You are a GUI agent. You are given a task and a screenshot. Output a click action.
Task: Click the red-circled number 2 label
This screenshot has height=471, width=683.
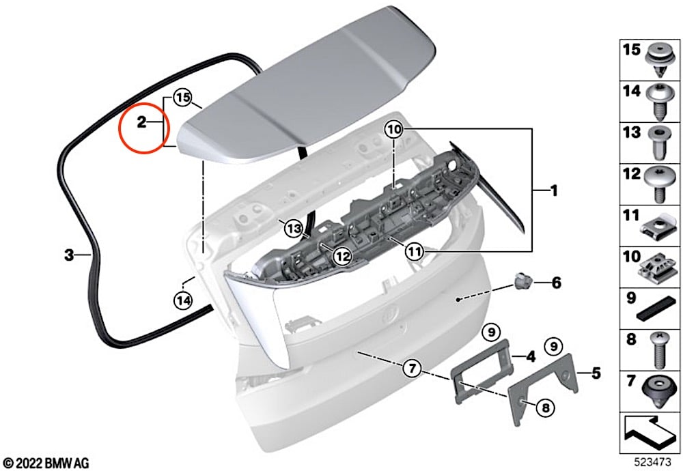tap(141, 122)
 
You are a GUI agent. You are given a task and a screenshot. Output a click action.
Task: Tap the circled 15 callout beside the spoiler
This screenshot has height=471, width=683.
tap(183, 98)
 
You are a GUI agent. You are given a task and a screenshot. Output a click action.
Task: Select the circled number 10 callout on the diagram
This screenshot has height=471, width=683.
tap(393, 129)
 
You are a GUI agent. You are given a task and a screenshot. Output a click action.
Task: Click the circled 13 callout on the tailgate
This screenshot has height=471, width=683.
tap(294, 228)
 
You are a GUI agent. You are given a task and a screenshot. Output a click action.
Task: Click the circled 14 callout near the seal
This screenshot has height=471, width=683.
tap(183, 300)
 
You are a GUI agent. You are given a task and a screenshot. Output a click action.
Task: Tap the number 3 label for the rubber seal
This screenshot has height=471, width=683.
tap(69, 255)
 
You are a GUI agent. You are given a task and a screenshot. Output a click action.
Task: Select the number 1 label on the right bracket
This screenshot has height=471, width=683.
tap(554, 190)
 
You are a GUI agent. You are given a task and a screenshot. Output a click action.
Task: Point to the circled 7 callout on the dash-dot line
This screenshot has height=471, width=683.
tap(412, 369)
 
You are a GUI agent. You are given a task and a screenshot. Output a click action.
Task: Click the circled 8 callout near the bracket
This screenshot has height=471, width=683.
tap(545, 408)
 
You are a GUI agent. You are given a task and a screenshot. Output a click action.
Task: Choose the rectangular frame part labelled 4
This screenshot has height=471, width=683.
tap(482, 371)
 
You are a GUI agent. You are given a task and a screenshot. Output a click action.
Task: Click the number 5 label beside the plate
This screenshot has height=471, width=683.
tap(596, 373)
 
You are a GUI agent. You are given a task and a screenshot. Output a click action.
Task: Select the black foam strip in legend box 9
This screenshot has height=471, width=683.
tap(658, 309)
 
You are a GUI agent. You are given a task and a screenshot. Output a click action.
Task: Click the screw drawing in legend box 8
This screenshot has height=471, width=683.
tap(660, 350)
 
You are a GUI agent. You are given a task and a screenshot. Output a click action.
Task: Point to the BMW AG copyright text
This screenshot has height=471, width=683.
tap(46, 463)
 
